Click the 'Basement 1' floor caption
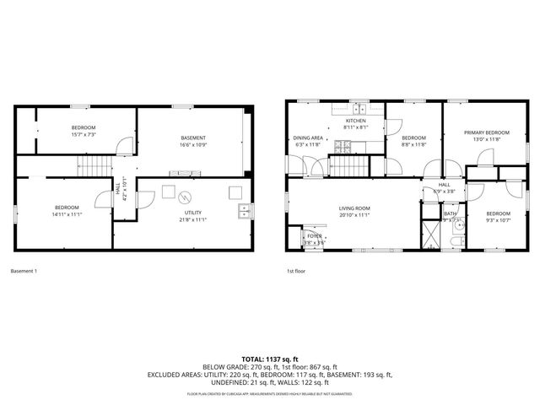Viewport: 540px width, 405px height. click(x=24, y=271)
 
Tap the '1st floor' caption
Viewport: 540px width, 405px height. click(x=297, y=271)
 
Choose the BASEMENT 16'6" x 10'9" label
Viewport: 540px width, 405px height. click(x=194, y=141)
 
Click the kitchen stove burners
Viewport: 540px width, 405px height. click(x=343, y=147)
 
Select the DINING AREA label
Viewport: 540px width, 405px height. click(x=308, y=140)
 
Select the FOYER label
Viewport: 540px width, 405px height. click(x=314, y=238)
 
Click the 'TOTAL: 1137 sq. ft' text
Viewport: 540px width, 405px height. click(x=269, y=359)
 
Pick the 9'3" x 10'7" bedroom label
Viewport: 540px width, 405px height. click(x=497, y=216)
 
